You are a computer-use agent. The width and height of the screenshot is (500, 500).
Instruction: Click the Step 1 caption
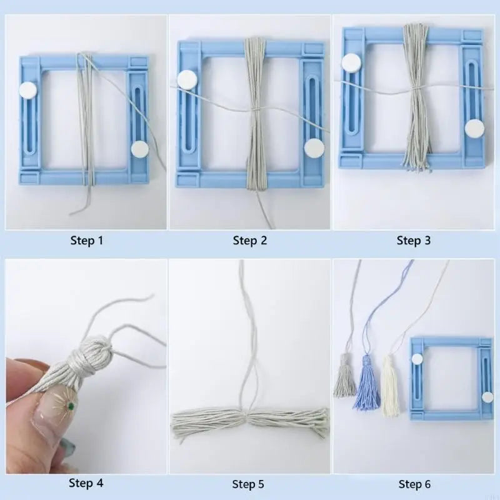(87, 241)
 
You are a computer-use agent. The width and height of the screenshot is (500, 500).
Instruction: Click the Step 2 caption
(249, 241)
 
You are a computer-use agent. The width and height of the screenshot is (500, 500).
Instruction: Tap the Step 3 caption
(413, 241)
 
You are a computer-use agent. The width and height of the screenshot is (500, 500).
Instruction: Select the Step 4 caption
(86, 482)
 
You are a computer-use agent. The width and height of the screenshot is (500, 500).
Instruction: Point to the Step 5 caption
(248, 484)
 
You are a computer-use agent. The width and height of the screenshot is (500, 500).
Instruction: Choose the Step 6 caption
(414, 484)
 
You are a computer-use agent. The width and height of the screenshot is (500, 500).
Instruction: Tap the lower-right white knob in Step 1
(139, 149)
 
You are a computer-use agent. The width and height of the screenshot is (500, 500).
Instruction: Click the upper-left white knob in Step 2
(187, 79)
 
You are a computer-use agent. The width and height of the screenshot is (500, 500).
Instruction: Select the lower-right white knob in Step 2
(314, 147)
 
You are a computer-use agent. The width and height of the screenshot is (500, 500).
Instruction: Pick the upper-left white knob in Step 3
(352, 62)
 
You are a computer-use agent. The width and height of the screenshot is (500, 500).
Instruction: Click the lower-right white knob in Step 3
(474, 129)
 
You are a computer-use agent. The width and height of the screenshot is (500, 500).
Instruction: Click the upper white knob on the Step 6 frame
(417, 359)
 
